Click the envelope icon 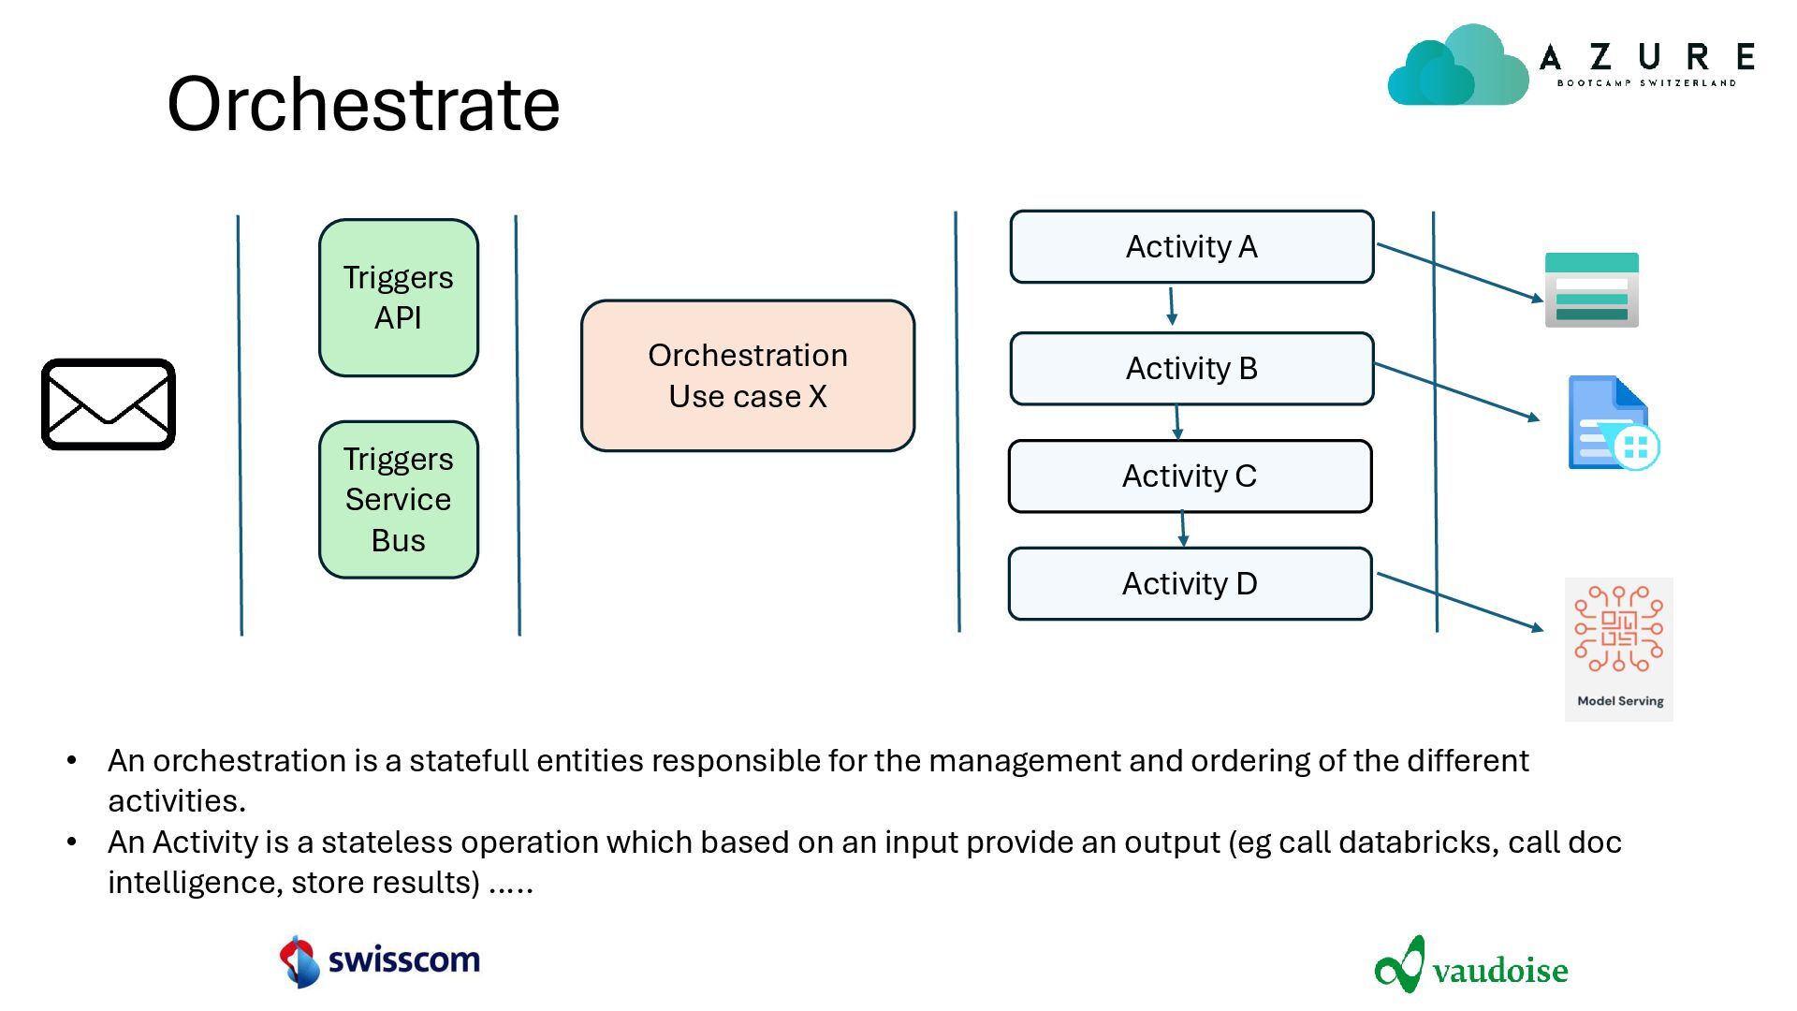[109, 404]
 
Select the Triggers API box [399, 298]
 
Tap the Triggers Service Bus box [399, 500]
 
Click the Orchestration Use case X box [748, 375]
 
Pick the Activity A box [1191, 247]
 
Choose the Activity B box [1191, 369]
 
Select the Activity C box [1190, 476]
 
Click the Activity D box [1190, 584]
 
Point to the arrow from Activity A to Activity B [1171, 307]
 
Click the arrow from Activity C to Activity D [1183, 529]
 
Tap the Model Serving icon [1619, 650]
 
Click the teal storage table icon [1592, 290]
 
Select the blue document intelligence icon [1614, 423]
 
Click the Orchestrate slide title [363, 103]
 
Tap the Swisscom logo [380, 960]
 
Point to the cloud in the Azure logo [1458, 66]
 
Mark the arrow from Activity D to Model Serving [1460, 602]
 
